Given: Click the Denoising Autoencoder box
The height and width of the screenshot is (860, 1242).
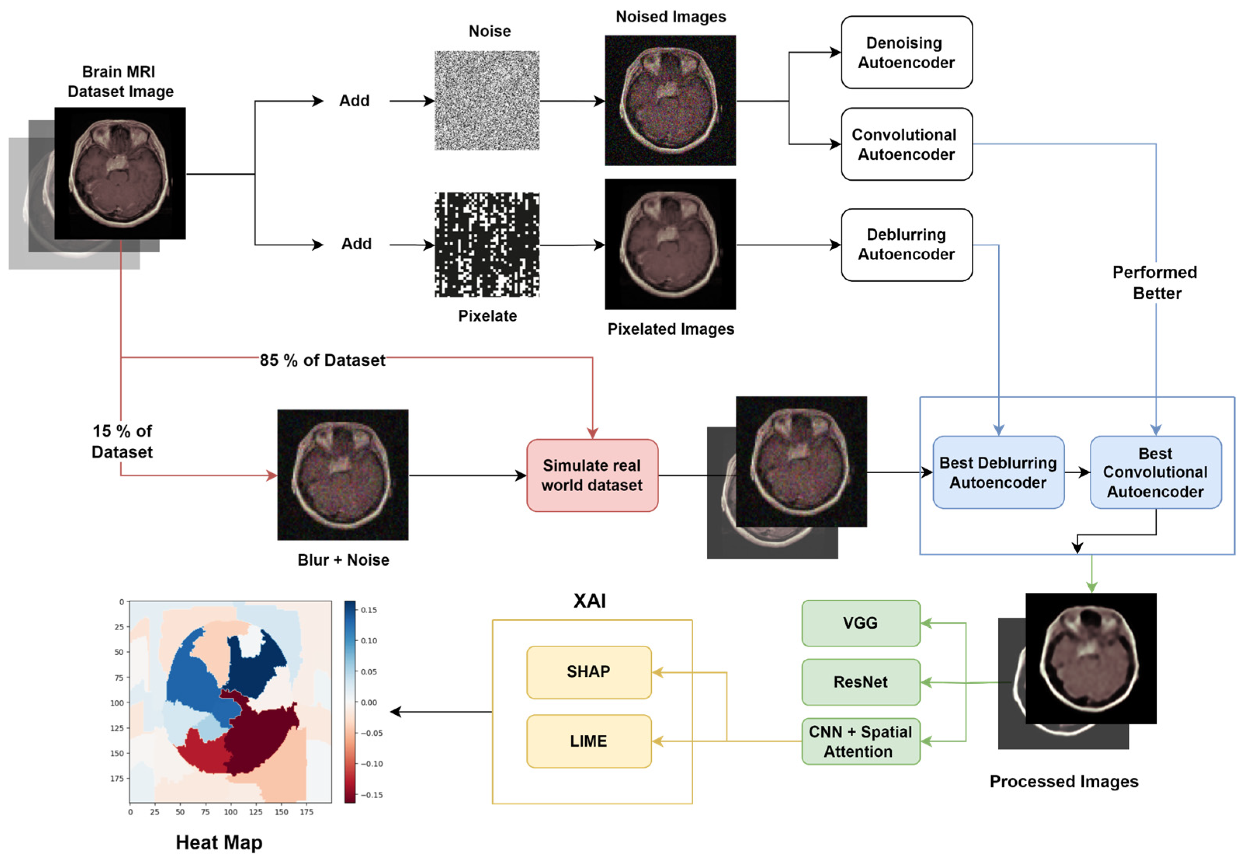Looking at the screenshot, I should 906,52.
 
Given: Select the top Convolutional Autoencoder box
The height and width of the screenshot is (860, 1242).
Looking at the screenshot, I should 906,144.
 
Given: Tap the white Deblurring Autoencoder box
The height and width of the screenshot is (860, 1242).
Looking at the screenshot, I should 906,245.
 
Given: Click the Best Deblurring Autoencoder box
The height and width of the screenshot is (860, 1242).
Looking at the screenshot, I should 997,472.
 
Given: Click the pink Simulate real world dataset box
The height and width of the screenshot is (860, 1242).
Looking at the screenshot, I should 592,475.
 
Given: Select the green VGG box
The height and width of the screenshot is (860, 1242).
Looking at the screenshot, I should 860,623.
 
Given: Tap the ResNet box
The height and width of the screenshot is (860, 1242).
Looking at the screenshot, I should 860,682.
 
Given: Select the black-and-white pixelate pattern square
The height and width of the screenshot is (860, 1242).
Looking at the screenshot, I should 486,244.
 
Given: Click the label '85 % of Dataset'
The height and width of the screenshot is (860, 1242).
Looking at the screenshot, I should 322,360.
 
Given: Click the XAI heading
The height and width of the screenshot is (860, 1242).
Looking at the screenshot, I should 589,600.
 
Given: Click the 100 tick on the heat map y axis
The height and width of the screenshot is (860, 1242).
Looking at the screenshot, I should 117,703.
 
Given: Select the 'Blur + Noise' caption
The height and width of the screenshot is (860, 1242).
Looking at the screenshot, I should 343,560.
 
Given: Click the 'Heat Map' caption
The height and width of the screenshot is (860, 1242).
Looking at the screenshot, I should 219,842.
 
